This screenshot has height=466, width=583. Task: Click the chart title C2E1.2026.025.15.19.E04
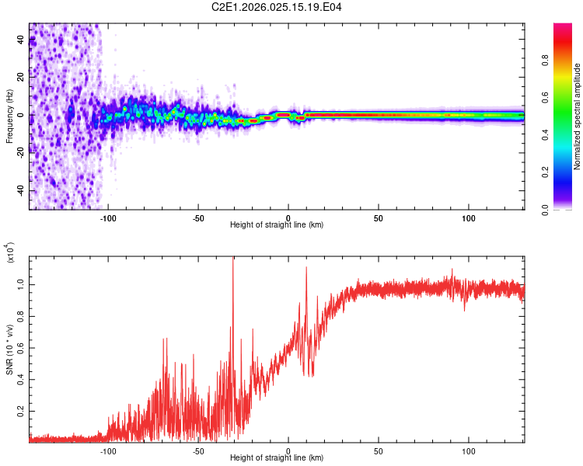[x=278, y=8]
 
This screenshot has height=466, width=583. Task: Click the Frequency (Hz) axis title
[x=9, y=116]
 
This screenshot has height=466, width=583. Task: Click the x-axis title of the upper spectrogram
[x=276, y=225]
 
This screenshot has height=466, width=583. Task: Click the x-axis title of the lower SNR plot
[x=276, y=457]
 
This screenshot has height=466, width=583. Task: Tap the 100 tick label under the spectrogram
[x=469, y=217]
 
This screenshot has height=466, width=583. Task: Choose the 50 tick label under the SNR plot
[x=379, y=450]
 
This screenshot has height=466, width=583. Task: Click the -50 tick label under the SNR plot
[x=198, y=450]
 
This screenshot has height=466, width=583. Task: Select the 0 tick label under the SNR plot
[x=288, y=450]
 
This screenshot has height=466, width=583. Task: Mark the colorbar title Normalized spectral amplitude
[x=578, y=116]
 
